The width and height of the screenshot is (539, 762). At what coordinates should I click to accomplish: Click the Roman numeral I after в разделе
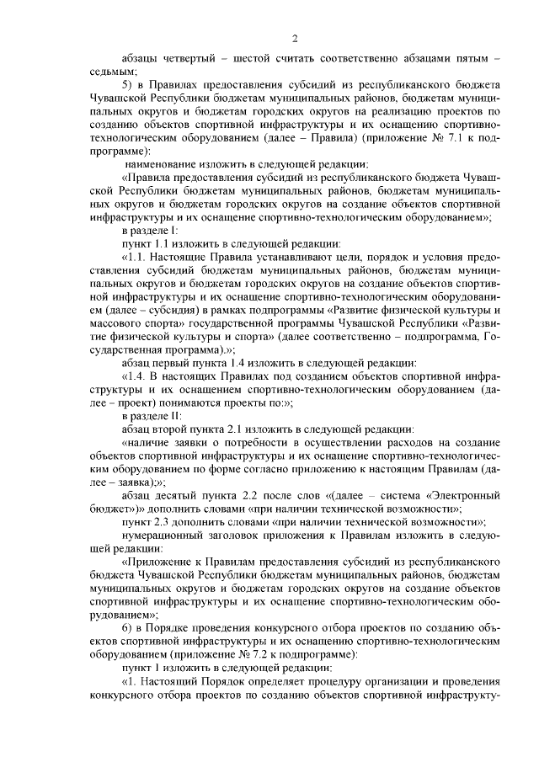tap(174, 230)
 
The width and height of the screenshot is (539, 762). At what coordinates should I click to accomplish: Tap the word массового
tap(114, 322)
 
